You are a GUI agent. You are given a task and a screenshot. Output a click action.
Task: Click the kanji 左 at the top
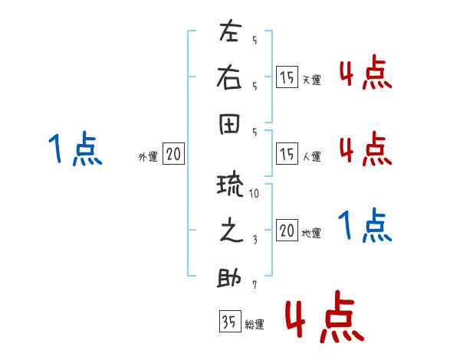pyautogui.click(x=229, y=31)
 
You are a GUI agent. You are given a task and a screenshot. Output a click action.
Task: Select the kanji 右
pyautogui.click(x=229, y=77)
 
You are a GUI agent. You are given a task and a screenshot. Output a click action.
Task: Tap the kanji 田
pyautogui.click(x=229, y=123)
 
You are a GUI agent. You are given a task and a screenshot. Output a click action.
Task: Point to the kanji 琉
pyautogui.click(x=230, y=185)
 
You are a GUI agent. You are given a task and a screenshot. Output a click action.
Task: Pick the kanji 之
pyautogui.click(x=232, y=230)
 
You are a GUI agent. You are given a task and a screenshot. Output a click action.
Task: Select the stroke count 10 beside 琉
pyautogui.click(x=254, y=193)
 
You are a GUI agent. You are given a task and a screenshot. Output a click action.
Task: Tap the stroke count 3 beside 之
pyautogui.click(x=255, y=240)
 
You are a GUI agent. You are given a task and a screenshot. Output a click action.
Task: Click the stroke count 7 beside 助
pyautogui.click(x=255, y=285)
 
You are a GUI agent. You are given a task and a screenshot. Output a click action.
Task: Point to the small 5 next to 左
pyautogui.click(x=255, y=40)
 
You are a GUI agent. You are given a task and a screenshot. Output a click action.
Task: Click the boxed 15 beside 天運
pyautogui.click(x=287, y=77)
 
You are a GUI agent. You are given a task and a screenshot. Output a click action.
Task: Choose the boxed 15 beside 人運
pyautogui.click(x=287, y=153)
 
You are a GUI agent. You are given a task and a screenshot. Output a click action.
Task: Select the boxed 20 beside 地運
pyautogui.click(x=287, y=230)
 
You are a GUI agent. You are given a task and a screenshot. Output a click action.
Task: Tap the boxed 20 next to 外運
pyautogui.click(x=173, y=153)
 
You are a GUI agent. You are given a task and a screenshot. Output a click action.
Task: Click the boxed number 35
pyautogui.click(x=230, y=321)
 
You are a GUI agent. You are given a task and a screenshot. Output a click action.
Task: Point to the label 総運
pyautogui.click(x=255, y=325)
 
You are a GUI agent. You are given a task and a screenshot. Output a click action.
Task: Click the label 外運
pyautogui.click(x=148, y=157)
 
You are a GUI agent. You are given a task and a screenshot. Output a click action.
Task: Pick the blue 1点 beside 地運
pyautogui.click(x=365, y=225)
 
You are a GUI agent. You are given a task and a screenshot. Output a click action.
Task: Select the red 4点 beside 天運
pyautogui.click(x=366, y=72)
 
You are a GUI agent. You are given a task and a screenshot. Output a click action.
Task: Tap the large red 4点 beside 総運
pyautogui.click(x=324, y=316)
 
